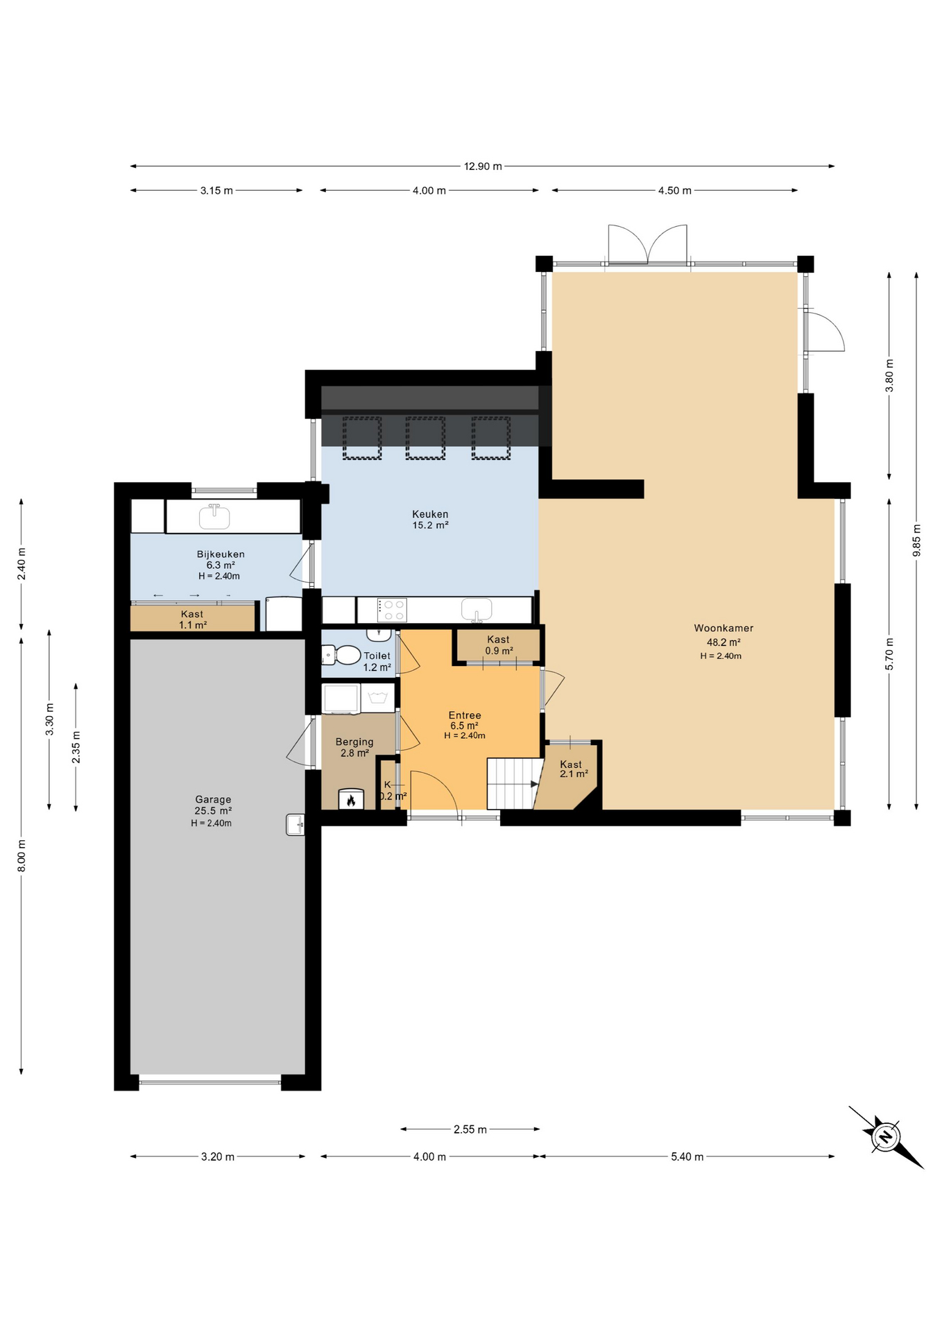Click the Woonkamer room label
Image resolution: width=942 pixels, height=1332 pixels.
pyautogui.click(x=723, y=628)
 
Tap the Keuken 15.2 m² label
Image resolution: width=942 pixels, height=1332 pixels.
pyautogui.click(x=430, y=519)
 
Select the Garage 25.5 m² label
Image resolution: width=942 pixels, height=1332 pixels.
pyautogui.click(x=213, y=805)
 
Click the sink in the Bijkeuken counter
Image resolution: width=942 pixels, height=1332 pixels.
pyautogui.click(x=214, y=516)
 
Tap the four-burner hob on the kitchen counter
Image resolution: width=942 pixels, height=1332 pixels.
pyautogui.click(x=393, y=610)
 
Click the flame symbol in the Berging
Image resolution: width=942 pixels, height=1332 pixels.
pyautogui.click(x=351, y=800)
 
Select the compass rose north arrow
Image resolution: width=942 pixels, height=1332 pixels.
pyautogui.click(x=886, y=1136)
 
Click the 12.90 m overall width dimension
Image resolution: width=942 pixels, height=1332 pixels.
pyautogui.click(x=483, y=166)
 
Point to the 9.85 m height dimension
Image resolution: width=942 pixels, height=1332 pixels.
pyautogui.click(x=916, y=541)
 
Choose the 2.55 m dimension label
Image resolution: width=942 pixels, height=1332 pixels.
pyautogui.click(x=470, y=1129)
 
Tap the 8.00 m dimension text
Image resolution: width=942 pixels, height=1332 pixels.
pyautogui.click(x=22, y=855)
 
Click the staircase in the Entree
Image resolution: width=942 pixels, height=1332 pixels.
pyautogui.click(x=513, y=783)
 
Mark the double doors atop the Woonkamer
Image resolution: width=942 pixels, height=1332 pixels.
pyautogui.click(x=648, y=245)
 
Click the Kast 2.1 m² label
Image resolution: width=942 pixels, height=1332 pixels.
pyautogui.click(x=573, y=769)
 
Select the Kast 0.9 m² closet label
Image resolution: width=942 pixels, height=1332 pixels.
pyautogui.click(x=498, y=644)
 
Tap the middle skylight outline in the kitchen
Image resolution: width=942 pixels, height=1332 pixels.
pyautogui.click(x=425, y=438)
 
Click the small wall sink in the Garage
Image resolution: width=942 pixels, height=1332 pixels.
pyautogui.click(x=296, y=824)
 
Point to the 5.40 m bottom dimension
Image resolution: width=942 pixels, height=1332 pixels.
pyautogui.click(x=687, y=1156)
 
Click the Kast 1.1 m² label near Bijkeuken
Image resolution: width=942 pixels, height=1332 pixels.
pyautogui.click(x=192, y=619)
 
